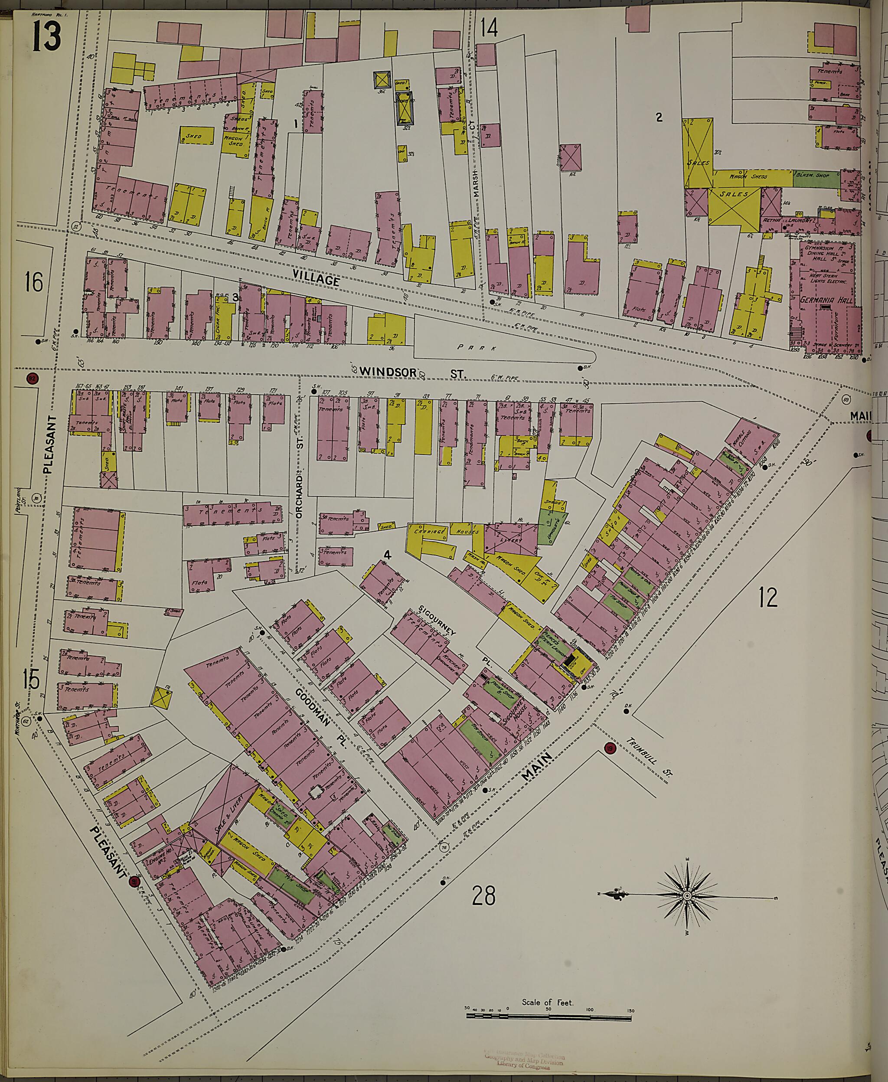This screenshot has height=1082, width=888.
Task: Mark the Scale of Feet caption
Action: (547, 959)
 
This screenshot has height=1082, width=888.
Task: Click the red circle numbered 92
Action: (32, 379)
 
